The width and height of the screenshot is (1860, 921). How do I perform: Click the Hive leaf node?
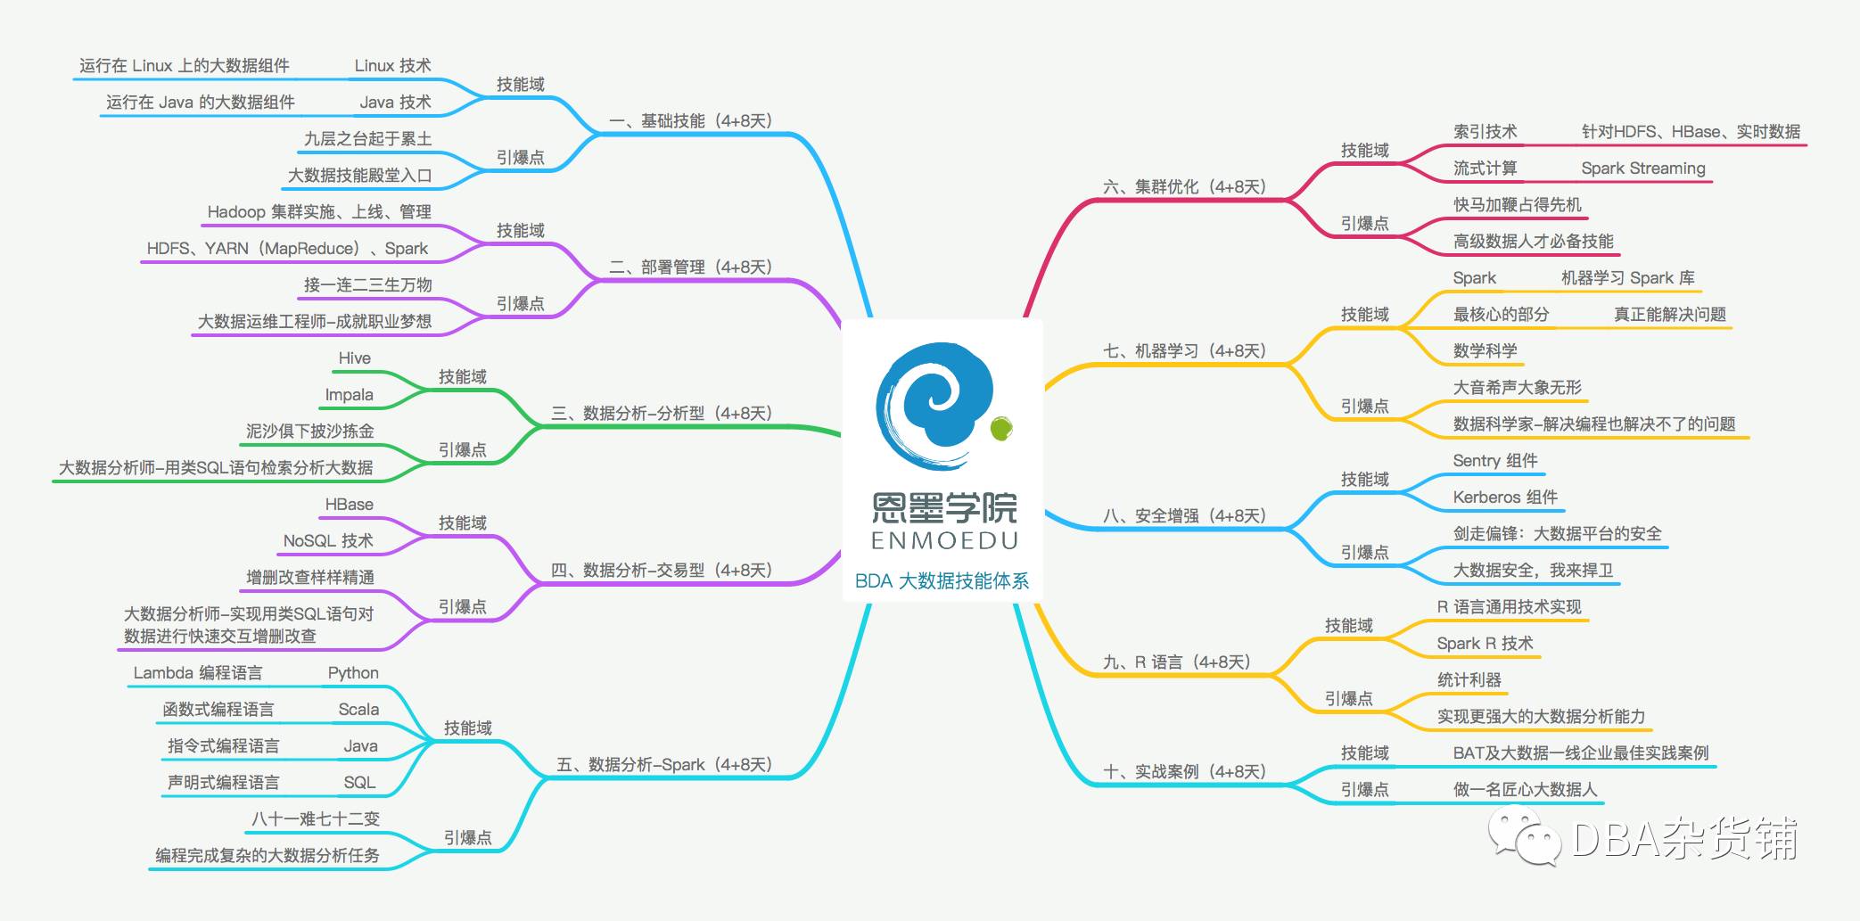click(x=354, y=358)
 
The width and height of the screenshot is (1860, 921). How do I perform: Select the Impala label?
click(x=349, y=395)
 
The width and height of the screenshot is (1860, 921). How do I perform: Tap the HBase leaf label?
click(x=349, y=505)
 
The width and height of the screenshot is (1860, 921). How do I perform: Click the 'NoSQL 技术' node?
click(x=328, y=541)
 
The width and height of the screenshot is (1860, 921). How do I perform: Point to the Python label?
click(x=353, y=673)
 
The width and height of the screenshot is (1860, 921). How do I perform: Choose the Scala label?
click(x=358, y=710)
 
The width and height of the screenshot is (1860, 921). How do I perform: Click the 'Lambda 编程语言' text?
click(x=198, y=673)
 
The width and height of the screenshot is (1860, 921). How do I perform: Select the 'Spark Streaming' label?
click(x=1642, y=169)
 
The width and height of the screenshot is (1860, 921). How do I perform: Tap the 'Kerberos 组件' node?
click(x=1505, y=498)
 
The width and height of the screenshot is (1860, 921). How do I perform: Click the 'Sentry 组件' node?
click(x=1495, y=461)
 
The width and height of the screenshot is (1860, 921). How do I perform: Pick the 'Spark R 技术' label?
click(x=1485, y=644)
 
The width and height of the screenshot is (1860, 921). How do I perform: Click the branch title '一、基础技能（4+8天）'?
click(x=690, y=121)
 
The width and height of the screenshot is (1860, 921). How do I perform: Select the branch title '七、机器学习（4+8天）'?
click(x=1184, y=351)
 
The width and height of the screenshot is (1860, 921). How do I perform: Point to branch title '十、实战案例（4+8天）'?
click(x=1184, y=772)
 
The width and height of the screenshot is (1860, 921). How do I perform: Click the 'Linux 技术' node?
click(x=392, y=66)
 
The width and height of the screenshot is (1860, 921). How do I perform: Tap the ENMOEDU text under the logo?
click(x=943, y=541)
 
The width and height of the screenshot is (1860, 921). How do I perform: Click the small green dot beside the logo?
click(x=1001, y=429)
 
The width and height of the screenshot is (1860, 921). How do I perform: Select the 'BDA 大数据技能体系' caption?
click(x=942, y=581)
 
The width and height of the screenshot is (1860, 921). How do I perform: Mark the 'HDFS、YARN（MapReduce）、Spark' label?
click(x=287, y=249)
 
